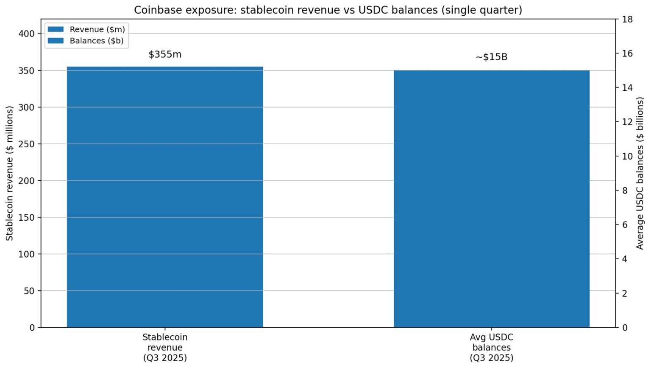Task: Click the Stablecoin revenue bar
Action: click(165, 197)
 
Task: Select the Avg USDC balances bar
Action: click(492, 199)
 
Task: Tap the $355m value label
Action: click(165, 54)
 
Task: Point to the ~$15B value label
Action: click(492, 57)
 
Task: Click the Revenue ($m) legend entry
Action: click(86, 29)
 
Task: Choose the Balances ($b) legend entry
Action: click(86, 41)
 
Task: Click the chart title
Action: click(328, 10)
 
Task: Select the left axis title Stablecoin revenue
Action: click(10, 173)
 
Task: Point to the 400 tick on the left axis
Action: click(26, 34)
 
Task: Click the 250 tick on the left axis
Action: click(26, 144)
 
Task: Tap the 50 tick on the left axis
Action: click(29, 291)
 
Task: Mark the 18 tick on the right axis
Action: click(627, 20)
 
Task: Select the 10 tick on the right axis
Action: click(627, 156)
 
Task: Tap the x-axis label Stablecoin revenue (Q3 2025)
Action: click(165, 347)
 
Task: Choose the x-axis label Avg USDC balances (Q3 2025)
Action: click(492, 347)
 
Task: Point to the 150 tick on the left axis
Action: click(26, 217)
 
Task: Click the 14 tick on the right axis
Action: click(627, 88)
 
